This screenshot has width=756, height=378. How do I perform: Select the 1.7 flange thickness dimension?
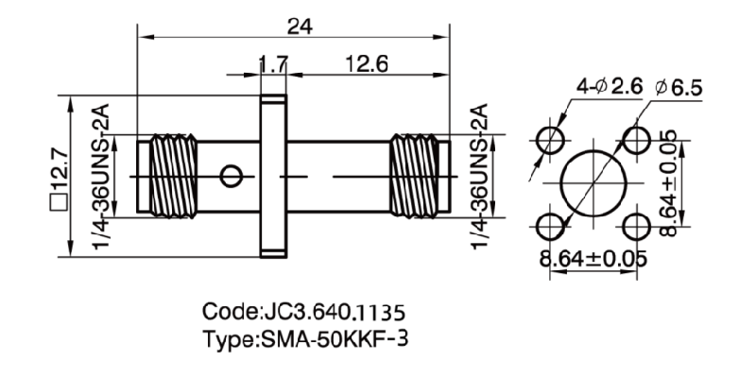[x=273, y=65]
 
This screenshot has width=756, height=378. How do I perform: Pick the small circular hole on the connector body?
[x=230, y=176]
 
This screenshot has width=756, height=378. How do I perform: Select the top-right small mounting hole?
[x=639, y=141]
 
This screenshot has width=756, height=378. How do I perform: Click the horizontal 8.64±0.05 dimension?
[x=594, y=255]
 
